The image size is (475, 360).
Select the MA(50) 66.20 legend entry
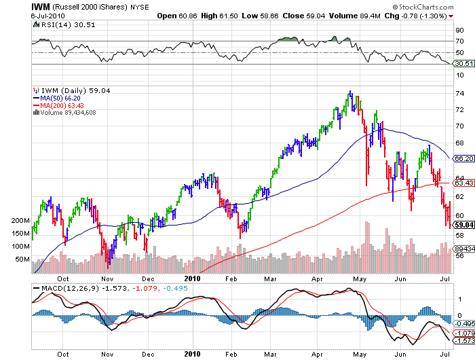(x=61, y=98)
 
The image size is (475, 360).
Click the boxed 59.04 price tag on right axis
(x=463, y=225)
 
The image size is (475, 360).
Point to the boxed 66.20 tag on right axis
(x=463, y=158)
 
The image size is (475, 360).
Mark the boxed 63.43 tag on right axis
(x=463, y=183)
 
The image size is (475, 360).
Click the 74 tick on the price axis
(x=459, y=92)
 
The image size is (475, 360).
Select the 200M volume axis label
(x=22, y=221)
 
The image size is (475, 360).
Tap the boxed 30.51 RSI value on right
(x=463, y=64)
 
